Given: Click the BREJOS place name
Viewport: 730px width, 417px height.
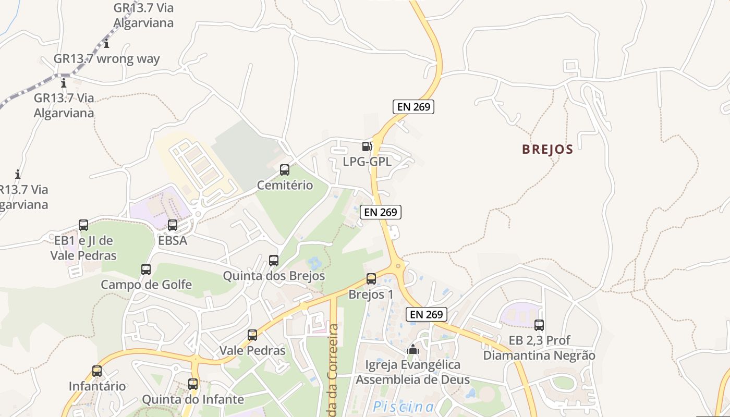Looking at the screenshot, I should pos(547,150).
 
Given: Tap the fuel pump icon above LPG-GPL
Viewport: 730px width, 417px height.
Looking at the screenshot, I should pos(367,146).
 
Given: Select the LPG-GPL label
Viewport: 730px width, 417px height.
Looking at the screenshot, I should pos(367,162).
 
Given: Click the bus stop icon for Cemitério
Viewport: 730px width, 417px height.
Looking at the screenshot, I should pos(285,170).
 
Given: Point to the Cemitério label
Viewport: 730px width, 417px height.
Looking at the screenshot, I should pos(285,185).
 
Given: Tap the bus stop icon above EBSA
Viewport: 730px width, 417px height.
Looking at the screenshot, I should pos(173,225).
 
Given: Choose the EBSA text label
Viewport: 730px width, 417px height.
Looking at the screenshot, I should pos(173,240).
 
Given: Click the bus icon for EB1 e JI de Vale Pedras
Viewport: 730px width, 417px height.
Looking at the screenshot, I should pos(83,225).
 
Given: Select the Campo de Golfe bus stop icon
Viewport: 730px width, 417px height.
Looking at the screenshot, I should pos(146,269).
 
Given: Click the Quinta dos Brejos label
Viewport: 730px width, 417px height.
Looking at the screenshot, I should pos(274,276).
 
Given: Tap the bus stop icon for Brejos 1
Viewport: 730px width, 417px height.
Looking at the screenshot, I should pos(371,279).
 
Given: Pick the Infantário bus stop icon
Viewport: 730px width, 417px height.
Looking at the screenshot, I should pos(97,371).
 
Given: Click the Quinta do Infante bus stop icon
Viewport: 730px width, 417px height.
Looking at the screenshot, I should pos(193,384).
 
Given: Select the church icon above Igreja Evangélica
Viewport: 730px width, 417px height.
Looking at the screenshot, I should pos(413,349).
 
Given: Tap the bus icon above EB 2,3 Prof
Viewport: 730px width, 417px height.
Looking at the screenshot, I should pos(539,325).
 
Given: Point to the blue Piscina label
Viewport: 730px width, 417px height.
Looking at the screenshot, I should pos(404,407).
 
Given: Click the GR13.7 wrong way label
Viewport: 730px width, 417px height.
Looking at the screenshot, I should pos(107,58).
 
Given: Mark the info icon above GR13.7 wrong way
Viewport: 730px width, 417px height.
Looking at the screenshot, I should pos(107,43).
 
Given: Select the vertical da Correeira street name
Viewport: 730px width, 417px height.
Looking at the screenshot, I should pos(334,370).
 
